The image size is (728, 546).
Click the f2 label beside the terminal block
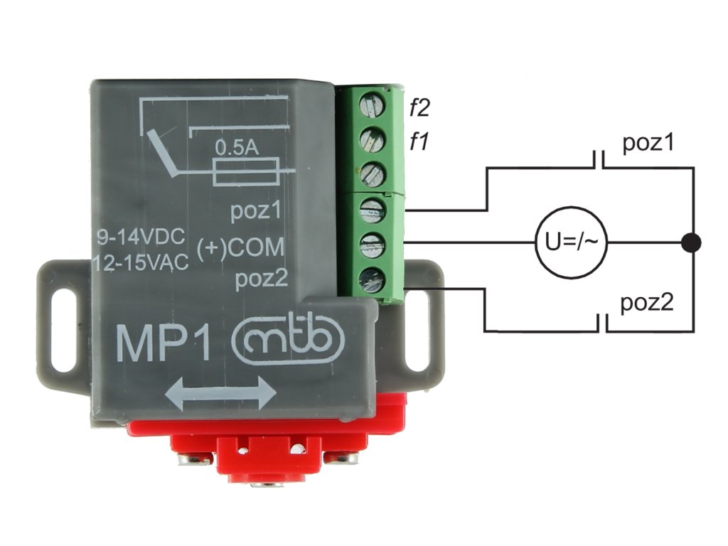(419, 109)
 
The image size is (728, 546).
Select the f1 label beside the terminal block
(418, 141)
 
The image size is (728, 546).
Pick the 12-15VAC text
(141, 264)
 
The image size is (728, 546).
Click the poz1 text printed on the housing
(257, 213)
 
